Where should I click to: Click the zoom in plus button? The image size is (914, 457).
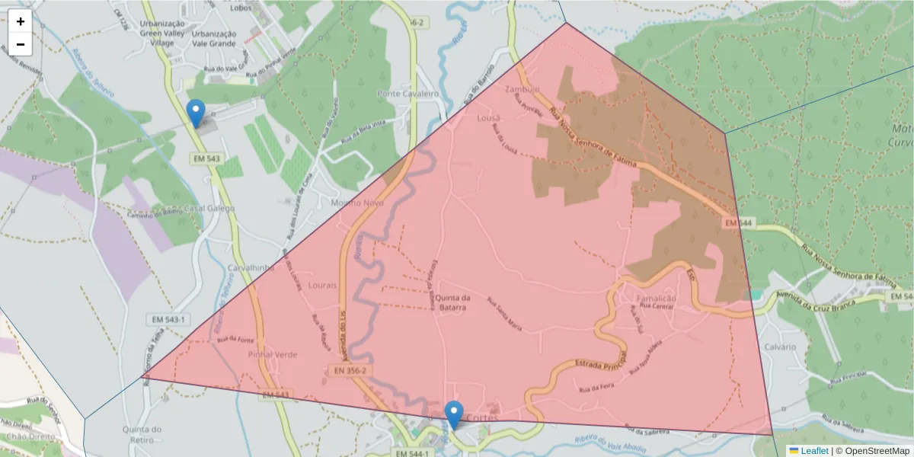coord(21,21)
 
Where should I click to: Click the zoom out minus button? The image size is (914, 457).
coord(21,44)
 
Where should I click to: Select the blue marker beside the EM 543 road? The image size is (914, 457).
coord(196,113)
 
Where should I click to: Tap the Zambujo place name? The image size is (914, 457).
coord(522,89)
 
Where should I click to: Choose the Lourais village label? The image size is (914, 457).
coord(323,285)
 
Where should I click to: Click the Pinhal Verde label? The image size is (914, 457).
coord(273,354)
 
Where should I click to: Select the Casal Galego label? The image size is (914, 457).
coord(210,209)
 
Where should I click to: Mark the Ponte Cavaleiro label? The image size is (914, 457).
coord(408,93)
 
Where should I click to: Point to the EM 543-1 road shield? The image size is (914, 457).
coord(168,319)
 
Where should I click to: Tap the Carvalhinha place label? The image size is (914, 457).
coord(251,268)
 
